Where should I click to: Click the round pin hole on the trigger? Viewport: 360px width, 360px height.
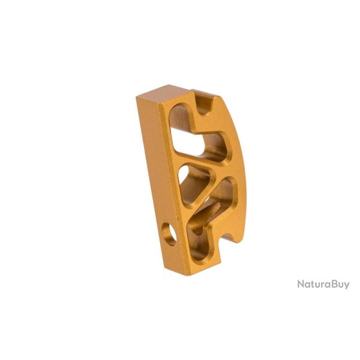(170, 234)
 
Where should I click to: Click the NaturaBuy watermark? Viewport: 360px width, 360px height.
(323, 284)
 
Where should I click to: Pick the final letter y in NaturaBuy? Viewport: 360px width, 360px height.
(346, 286)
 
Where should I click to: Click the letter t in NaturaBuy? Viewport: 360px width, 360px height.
(313, 284)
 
